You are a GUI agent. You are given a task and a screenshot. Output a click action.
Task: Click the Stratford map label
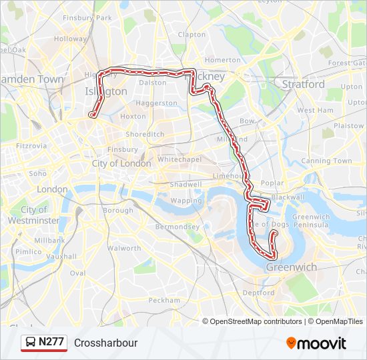click(x=303, y=85)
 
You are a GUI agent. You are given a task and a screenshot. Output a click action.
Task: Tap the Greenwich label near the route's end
click(x=292, y=267)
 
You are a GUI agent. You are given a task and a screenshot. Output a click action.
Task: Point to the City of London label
click(x=121, y=163)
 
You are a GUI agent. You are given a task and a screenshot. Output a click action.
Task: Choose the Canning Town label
click(x=326, y=161)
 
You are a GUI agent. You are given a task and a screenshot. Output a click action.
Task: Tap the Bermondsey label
click(x=177, y=227)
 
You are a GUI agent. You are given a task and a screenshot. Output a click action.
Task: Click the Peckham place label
click(x=164, y=300)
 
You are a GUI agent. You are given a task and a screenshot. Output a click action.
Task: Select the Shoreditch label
click(x=145, y=134)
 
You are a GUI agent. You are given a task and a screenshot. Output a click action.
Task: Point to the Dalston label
click(x=153, y=83)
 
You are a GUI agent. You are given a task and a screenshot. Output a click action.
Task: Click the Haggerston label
click(x=156, y=103)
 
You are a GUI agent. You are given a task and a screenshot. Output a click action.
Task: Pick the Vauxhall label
click(x=61, y=256)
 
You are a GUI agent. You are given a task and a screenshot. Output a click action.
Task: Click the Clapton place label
click(x=192, y=35)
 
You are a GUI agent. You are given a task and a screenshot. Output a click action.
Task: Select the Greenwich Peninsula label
click(x=311, y=221)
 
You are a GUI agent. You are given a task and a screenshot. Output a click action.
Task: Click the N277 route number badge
click(x=51, y=342)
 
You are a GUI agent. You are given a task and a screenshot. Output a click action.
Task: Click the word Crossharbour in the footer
click(x=106, y=343)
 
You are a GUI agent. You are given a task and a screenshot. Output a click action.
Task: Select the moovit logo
click(x=316, y=343)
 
